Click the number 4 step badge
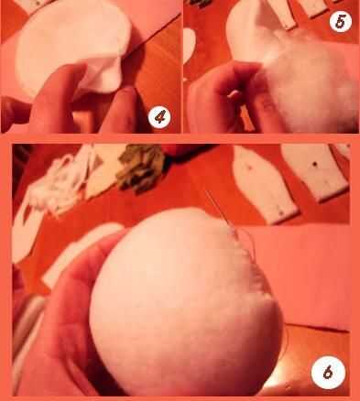[159, 117]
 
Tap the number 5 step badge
[341, 21]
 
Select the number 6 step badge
[328, 373]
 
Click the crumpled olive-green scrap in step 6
[141, 168]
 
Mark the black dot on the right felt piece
[315, 165]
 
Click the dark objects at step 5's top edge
[200, 3]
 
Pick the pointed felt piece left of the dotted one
[263, 183]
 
